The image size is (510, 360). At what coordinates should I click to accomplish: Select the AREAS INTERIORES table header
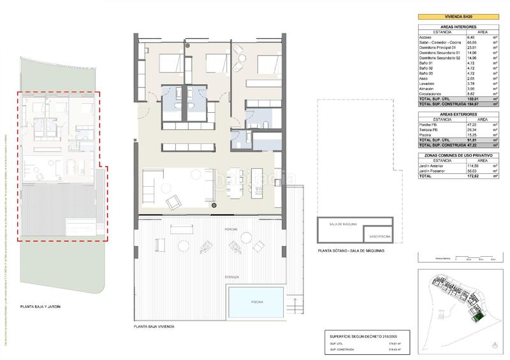[458, 27]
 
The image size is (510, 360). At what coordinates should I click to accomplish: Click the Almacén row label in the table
[429, 87]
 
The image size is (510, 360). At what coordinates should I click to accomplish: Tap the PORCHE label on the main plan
[231, 227]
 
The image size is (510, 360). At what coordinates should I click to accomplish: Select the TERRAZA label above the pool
[231, 278]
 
